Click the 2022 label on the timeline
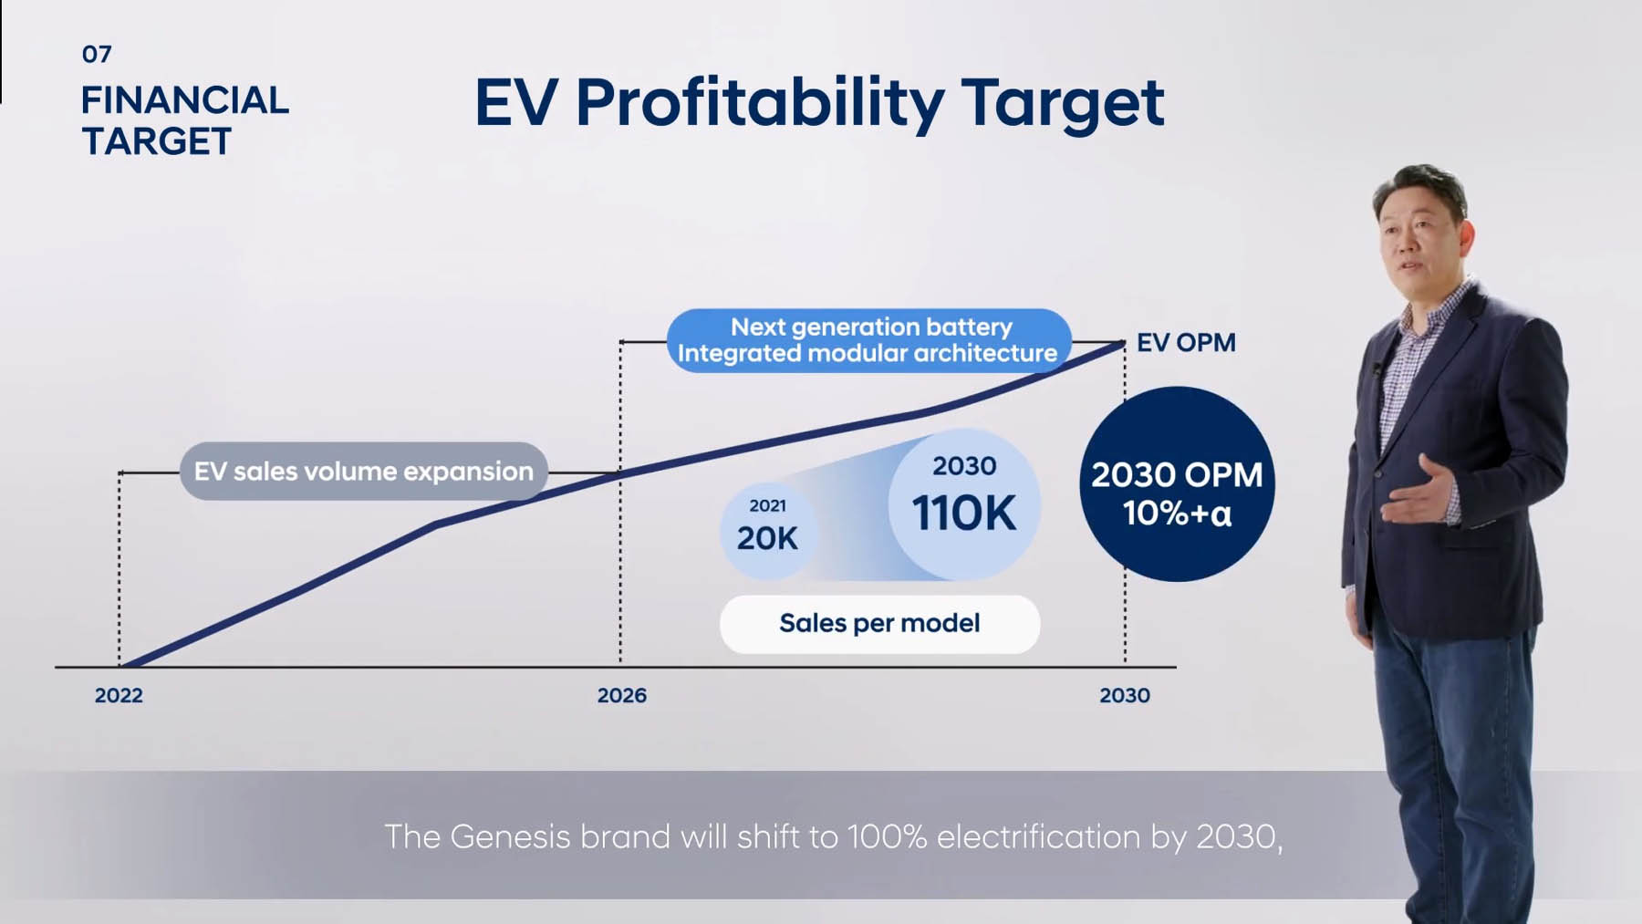(x=119, y=695)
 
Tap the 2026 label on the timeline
(x=621, y=695)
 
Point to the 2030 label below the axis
(x=1124, y=695)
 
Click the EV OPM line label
(x=1185, y=343)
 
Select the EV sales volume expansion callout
(x=363, y=472)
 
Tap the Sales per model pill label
(x=879, y=624)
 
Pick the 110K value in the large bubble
(x=963, y=514)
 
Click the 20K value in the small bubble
(x=766, y=539)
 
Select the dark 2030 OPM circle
(x=1177, y=484)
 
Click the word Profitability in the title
(x=759, y=103)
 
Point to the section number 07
(x=97, y=55)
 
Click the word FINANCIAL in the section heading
(x=184, y=100)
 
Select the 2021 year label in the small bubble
(x=767, y=505)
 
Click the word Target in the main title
(x=1062, y=103)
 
